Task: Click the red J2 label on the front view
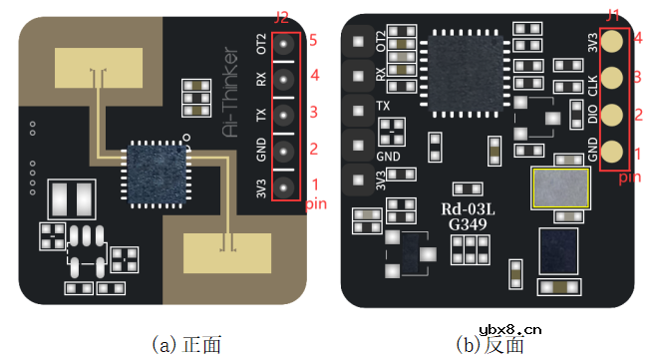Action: click(x=281, y=18)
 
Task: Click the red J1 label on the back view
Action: click(x=612, y=16)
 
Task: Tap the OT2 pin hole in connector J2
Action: click(x=284, y=44)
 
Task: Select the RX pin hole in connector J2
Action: click(x=284, y=79)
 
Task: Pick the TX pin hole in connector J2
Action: click(x=284, y=115)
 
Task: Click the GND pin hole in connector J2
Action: click(x=284, y=152)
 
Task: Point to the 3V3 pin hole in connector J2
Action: click(x=284, y=186)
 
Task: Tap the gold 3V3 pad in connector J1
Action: click(x=612, y=42)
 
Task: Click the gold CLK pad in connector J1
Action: click(x=612, y=78)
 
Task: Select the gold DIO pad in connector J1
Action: click(x=612, y=115)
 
